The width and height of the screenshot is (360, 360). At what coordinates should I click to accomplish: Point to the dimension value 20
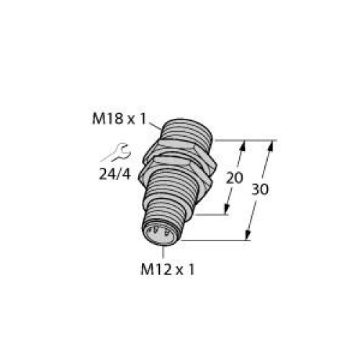(x=233, y=177)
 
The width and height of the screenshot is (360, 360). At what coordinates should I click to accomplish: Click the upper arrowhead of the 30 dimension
(x=271, y=144)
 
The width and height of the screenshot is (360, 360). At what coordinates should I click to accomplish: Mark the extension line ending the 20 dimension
(x=213, y=214)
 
